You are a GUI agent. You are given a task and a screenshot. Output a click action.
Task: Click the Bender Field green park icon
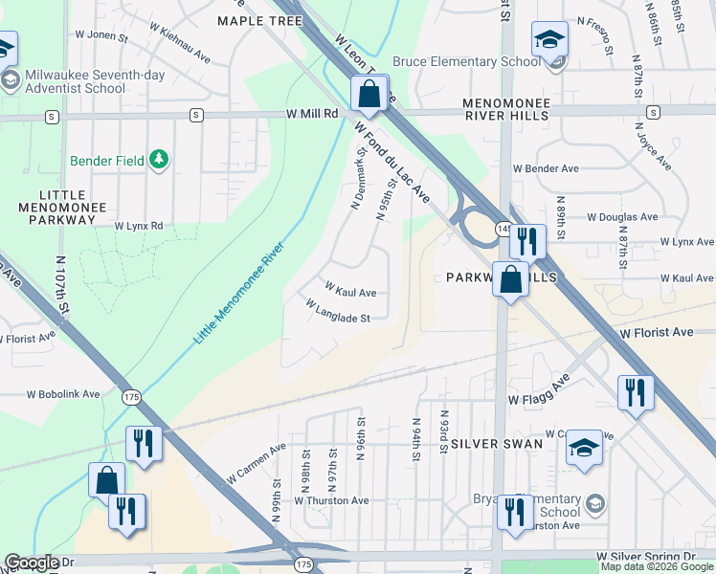tap(160, 159)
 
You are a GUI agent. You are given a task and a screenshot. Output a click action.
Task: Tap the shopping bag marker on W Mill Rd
tap(368, 95)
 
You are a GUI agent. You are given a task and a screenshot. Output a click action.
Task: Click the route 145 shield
tap(503, 229)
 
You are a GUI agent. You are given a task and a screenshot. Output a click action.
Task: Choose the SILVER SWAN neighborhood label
tap(497, 444)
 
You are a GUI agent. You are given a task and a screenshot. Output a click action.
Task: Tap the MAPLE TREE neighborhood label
tap(259, 20)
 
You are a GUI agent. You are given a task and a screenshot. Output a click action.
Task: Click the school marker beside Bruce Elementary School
tap(550, 40)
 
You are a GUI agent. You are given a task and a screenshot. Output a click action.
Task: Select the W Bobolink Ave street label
tap(64, 393)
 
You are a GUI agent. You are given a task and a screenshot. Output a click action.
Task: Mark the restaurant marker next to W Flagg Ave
tap(635, 392)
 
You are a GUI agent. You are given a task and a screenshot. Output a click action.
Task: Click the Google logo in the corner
tap(32, 563)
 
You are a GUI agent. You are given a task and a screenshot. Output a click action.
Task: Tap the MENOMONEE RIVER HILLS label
tap(505, 108)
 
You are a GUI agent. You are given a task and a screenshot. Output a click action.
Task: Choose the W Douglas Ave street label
tap(622, 217)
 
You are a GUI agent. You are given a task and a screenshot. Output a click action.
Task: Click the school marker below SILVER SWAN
tap(584, 451)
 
